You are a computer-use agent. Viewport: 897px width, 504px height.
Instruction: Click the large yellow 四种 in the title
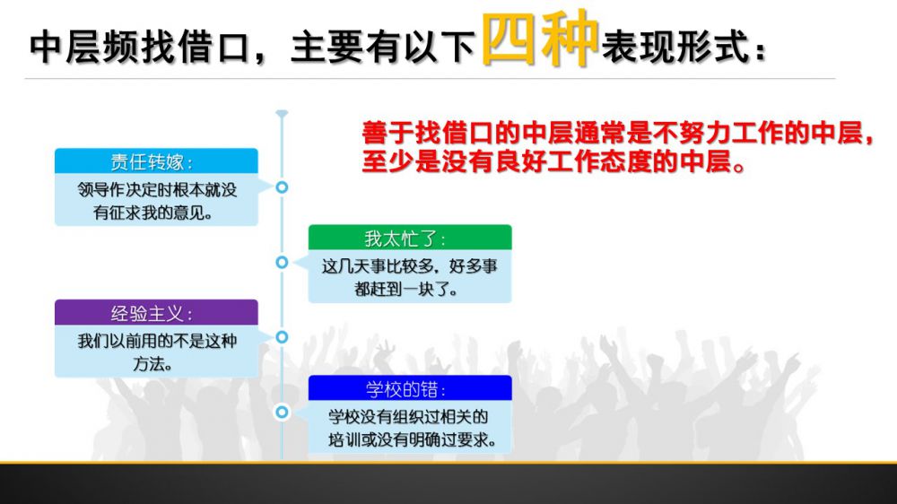click(x=540, y=39)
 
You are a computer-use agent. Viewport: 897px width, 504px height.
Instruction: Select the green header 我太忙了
click(x=410, y=238)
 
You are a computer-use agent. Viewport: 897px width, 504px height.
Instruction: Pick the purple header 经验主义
click(x=156, y=312)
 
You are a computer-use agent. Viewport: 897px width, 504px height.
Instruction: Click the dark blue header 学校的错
click(x=410, y=388)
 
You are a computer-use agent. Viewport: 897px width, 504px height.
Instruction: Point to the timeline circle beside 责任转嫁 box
click(x=282, y=187)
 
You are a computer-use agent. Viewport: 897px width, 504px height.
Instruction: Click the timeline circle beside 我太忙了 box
click(x=282, y=262)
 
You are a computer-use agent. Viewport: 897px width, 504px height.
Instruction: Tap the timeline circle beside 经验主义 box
click(x=282, y=337)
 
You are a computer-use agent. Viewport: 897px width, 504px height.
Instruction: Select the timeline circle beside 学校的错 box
click(x=282, y=412)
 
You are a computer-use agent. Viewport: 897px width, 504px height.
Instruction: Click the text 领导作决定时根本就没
click(x=157, y=190)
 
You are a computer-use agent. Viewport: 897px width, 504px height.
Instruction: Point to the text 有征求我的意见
click(x=152, y=213)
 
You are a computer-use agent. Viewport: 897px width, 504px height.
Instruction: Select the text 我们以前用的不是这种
click(x=157, y=341)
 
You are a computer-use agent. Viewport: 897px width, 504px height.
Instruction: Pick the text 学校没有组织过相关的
click(x=408, y=417)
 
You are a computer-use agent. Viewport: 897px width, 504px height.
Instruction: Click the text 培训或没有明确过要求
click(x=412, y=440)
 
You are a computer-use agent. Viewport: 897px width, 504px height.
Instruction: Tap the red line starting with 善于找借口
click(x=618, y=134)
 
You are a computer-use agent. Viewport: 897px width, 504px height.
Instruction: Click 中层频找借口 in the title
click(x=140, y=47)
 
